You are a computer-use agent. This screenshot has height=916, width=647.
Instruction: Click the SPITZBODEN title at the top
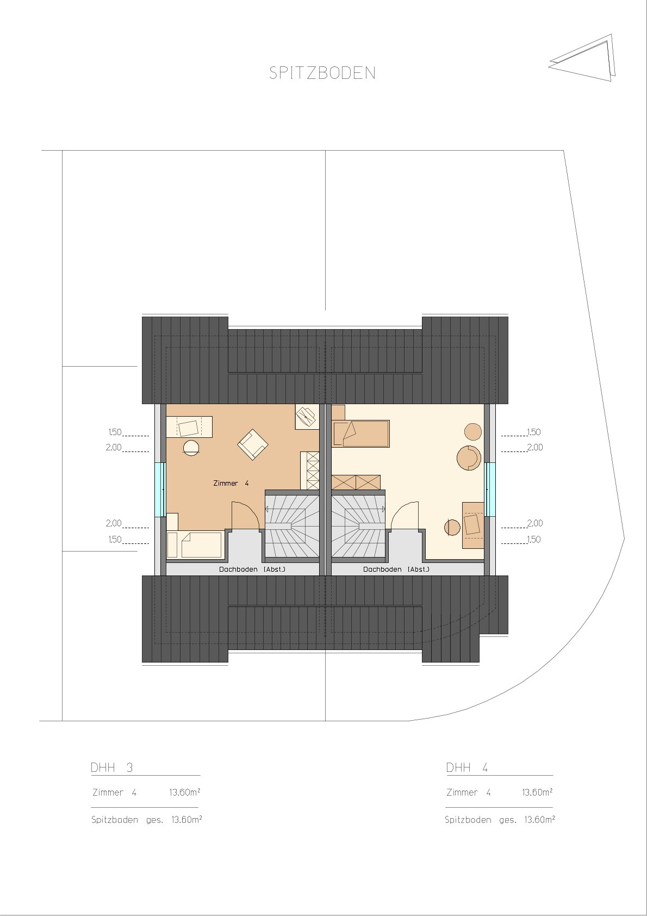pos(322,73)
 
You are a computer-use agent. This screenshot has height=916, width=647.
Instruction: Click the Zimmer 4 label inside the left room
pos(231,483)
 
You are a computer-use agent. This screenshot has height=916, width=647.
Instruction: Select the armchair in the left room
pos(253,444)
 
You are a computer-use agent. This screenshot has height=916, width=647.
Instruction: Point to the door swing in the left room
pos(245,516)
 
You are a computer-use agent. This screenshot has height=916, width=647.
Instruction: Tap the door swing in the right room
pos(405,516)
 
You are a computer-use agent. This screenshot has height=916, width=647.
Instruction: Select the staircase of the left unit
pos(292,525)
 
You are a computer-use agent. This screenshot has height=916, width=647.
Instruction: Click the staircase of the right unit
pos(358,525)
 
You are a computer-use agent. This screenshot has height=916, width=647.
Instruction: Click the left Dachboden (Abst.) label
pos(252,569)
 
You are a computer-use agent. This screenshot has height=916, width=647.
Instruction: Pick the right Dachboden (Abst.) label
pos(396,569)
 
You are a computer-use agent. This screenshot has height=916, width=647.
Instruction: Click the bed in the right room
pos(360,434)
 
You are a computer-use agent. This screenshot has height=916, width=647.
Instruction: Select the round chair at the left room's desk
pos(191,447)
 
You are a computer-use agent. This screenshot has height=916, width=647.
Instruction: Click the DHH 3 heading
pos(111,768)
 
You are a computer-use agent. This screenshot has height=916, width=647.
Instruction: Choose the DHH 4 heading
pos(466,768)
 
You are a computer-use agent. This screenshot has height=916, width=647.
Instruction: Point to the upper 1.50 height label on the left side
pos(115,432)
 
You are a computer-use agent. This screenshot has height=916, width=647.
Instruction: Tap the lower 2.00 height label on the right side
pos(534,523)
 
